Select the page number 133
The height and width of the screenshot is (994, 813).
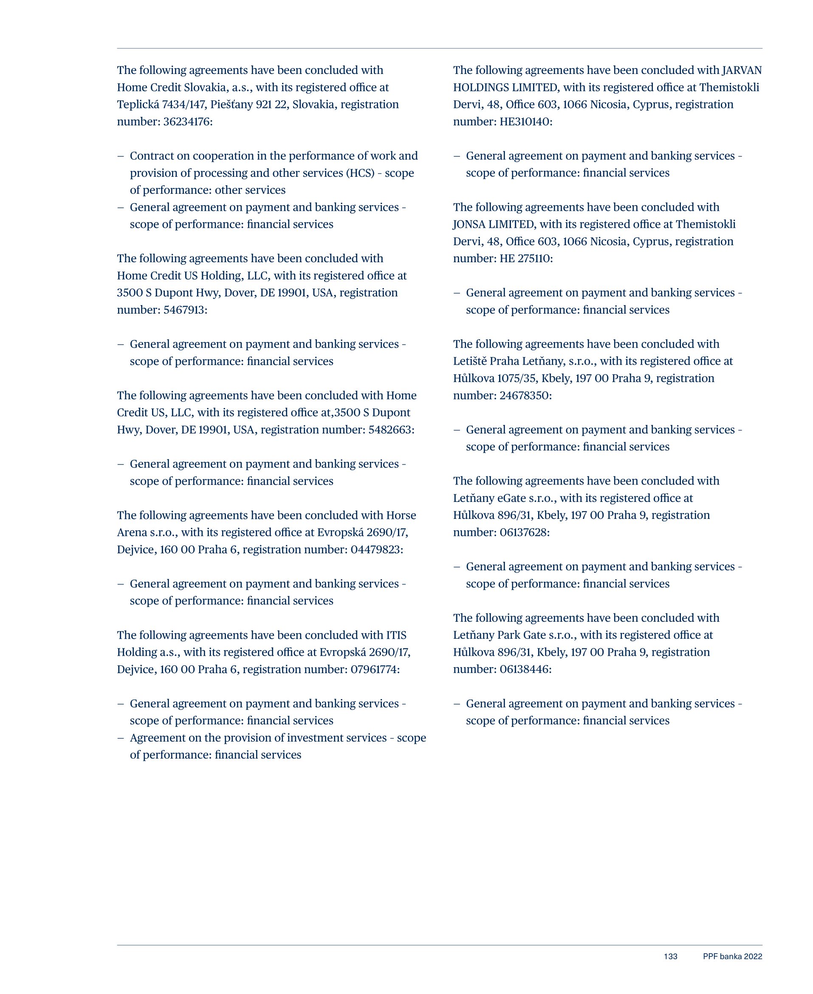(670, 957)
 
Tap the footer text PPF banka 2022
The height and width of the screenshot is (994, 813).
(732, 957)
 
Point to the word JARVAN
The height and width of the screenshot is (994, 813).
(742, 70)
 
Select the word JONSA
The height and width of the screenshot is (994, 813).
(469, 224)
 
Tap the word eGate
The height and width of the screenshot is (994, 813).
(507, 498)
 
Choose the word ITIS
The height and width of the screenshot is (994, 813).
(396, 636)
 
